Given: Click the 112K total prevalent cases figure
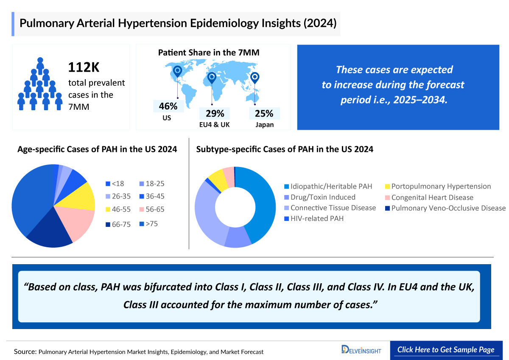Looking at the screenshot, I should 85,67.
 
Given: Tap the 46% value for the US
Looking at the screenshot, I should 168,106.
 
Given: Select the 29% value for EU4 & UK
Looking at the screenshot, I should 215,113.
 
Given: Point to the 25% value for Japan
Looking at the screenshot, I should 264,113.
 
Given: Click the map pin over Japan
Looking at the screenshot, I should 255,78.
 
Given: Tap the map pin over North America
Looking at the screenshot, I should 177,72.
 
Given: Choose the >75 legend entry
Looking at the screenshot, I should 148,223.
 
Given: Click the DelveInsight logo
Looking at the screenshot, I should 361,350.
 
